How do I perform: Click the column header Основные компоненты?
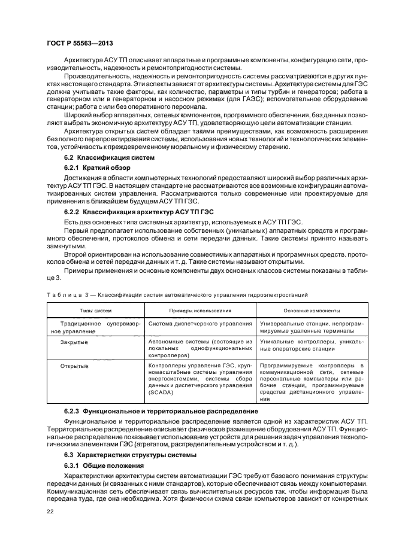pyautogui.click(x=312, y=311)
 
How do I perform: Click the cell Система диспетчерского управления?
pyautogui.click(x=200, y=324)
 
